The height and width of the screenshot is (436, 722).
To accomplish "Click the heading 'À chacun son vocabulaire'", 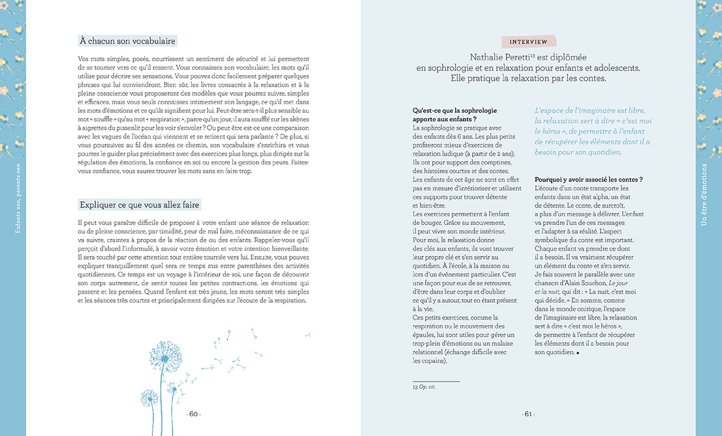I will point(127,40).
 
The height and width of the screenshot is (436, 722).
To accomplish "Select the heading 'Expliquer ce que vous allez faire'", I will point(140,204).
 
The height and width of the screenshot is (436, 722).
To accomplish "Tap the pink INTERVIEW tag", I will point(528,41).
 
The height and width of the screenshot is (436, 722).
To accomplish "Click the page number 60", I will point(193,414).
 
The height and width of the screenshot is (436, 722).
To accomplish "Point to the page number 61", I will point(528,414).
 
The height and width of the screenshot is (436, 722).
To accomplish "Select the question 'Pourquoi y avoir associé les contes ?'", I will point(589,179).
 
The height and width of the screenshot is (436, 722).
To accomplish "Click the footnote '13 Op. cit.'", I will point(424,387).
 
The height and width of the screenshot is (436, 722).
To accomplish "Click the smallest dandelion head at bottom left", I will point(149,397).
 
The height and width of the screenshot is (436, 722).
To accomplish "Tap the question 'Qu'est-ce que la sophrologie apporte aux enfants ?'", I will point(445,115).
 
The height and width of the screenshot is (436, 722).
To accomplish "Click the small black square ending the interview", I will point(578,352).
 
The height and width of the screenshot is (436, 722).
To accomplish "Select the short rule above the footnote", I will point(436,381).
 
